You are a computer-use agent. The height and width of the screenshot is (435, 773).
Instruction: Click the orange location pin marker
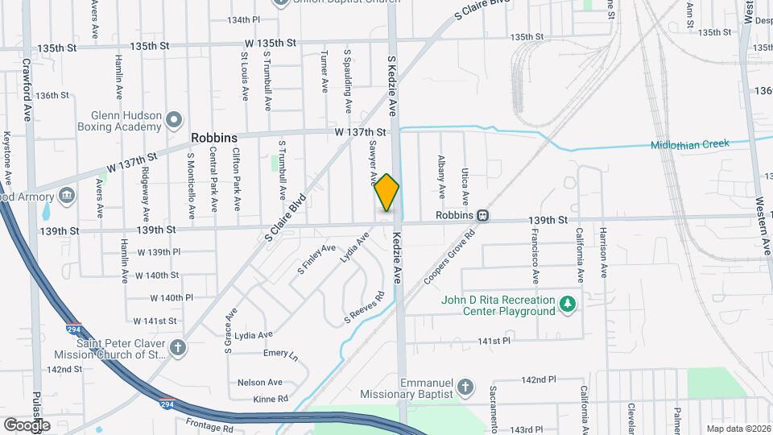coord(386,193)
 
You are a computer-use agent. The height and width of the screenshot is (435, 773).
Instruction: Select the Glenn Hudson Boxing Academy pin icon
coord(174,122)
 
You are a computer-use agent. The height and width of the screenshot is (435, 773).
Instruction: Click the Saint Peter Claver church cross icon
coord(178,348)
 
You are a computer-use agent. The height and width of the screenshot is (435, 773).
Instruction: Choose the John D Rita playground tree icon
coord(568,303)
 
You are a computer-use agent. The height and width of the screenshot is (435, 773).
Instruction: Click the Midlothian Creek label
coord(690,144)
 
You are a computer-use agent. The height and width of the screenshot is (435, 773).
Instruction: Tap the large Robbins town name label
coord(214,138)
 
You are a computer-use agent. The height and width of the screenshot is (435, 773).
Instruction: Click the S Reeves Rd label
coord(363,307)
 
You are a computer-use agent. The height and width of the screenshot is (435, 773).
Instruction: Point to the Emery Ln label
coord(280,354)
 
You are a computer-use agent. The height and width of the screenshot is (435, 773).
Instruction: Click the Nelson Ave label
coord(259,382)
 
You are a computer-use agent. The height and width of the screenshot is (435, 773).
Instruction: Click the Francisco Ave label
coord(535,255)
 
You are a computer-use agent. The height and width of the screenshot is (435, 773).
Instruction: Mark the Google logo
coord(27,425)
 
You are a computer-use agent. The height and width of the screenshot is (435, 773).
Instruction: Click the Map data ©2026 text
coord(738,429)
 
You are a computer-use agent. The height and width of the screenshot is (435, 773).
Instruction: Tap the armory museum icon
coord(66,196)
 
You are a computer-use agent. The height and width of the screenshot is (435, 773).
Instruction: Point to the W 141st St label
coord(155,321)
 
